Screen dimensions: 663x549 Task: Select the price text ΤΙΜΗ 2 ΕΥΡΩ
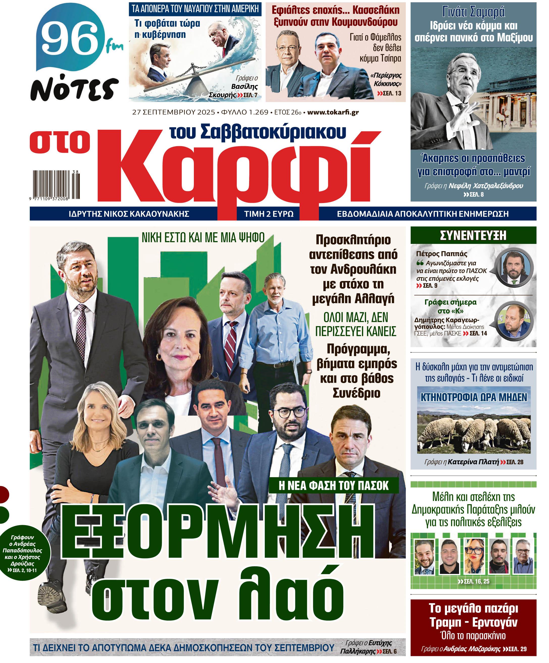269,214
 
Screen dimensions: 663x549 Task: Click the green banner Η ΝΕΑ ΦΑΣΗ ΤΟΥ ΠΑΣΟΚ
333,485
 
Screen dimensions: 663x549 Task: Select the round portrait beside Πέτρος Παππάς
514,268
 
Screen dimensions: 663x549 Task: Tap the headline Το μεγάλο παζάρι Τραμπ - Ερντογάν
473,615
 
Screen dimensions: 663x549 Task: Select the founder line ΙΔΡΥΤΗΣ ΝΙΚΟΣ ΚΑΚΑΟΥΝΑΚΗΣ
129,214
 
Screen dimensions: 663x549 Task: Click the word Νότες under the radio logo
74,89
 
